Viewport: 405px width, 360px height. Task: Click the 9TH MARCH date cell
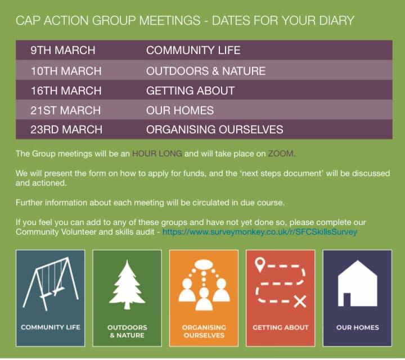pyautogui.click(x=63, y=51)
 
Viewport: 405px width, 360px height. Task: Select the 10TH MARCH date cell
pyautogui.click(x=66, y=71)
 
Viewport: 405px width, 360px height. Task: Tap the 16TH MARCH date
pyautogui.click(x=66, y=91)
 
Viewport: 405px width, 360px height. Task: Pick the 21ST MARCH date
pyautogui.click(x=65, y=110)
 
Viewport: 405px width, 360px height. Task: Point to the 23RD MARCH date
pyautogui.click(x=66, y=130)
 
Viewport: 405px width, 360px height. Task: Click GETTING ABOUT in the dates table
pyautogui.click(x=190, y=91)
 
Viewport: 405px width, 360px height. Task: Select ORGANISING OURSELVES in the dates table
pyautogui.click(x=214, y=130)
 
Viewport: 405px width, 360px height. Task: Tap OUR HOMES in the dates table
pyautogui.click(x=180, y=110)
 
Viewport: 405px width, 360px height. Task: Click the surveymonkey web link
pyautogui.click(x=259, y=231)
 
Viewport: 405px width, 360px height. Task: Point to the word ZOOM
pyautogui.click(x=281, y=153)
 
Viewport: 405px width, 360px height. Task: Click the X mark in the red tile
pyautogui.click(x=300, y=302)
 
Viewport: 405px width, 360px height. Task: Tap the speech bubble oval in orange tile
pyautogui.click(x=204, y=265)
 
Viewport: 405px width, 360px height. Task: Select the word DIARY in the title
pyautogui.click(x=336, y=21)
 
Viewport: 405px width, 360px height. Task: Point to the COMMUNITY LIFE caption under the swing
pyautogui.click(x=51, y=327)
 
